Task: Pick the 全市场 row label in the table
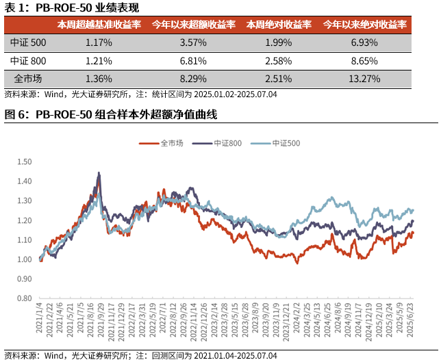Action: click(x=27, y=78)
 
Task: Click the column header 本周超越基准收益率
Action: click(x=99, y=25)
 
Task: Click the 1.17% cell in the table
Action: click(x=99, y=42)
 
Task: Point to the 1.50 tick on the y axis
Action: click(x=24, y=162)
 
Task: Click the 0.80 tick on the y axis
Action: click(x=24, y=298)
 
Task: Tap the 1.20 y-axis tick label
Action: click(x=24, y=220)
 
